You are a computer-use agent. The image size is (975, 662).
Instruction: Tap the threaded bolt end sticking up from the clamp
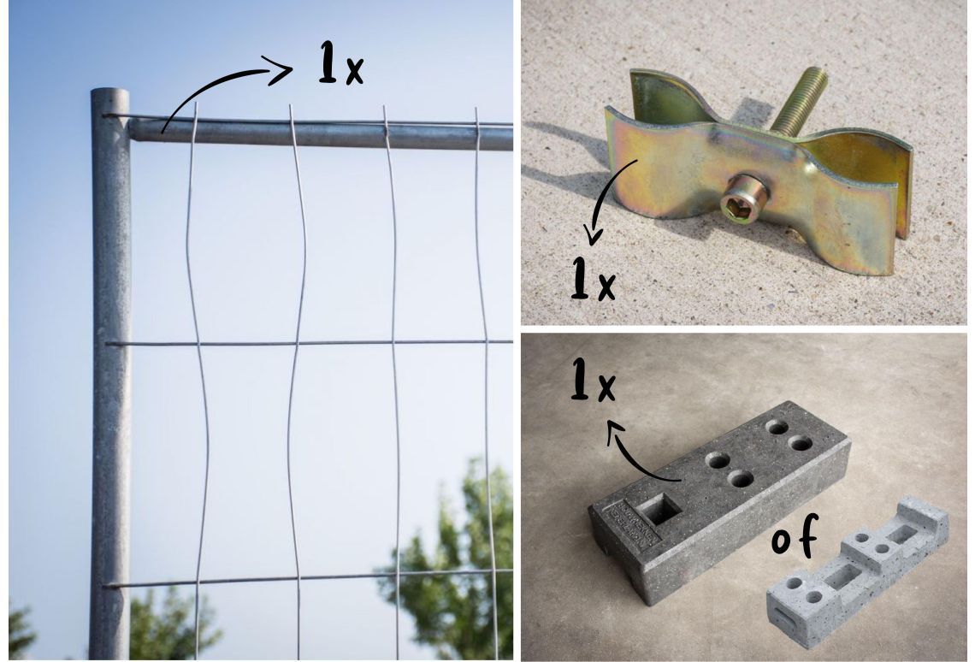click(801, 99)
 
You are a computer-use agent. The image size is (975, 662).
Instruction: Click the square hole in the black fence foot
click(659, 511)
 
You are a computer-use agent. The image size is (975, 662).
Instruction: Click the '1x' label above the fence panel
click(340, 63)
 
